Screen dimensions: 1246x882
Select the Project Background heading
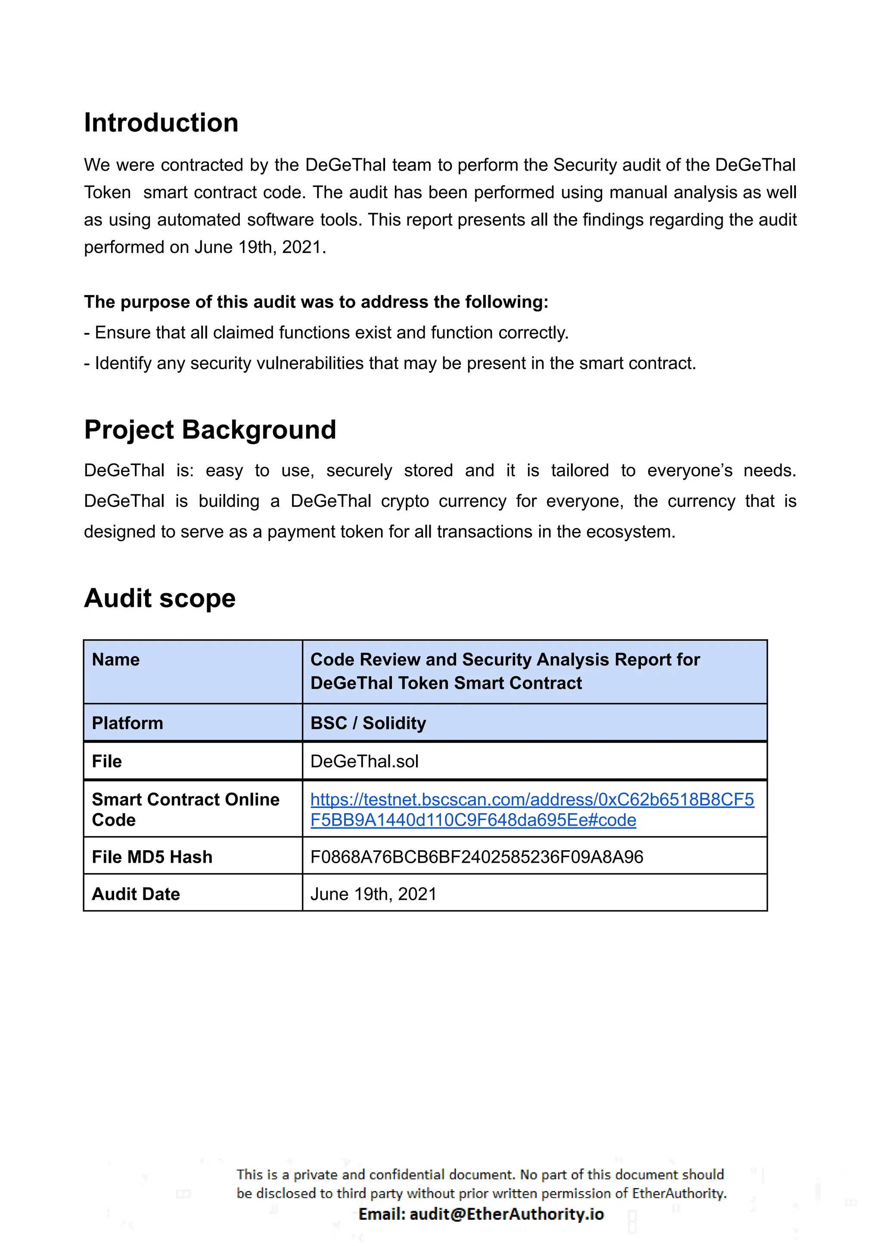click(x=210, y=430)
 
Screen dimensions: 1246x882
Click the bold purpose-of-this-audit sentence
click(x=316, y=302)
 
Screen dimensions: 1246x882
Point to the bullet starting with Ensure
click(x=326, y=332)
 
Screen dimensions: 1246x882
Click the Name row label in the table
click(x=116, y=659)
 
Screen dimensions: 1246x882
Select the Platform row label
click(x=127, y=723)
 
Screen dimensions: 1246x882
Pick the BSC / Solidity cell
click(x=368, y=723)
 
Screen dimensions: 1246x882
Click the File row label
click(x=106, y=761)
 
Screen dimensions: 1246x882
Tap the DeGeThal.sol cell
click(x=364, y=761)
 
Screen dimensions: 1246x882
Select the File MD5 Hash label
click(x=152, y=857)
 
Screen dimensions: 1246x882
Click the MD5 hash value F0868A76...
click(x=476, y=857)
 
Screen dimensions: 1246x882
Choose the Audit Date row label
click(x=135, y=894)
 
